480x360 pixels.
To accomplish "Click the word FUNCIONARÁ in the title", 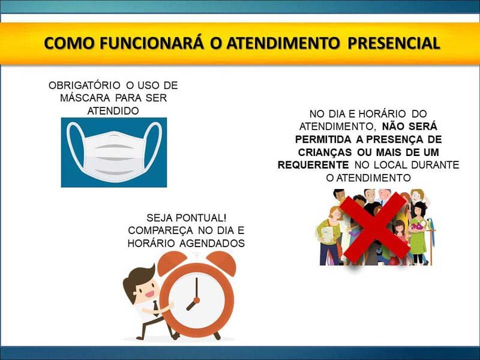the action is click(151, 43).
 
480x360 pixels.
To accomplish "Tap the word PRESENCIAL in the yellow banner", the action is click(394, 43).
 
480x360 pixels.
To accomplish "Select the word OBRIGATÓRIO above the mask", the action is click(84, 85).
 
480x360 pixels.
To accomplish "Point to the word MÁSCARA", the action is click(85, 98).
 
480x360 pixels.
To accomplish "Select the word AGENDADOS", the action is click(212, 243).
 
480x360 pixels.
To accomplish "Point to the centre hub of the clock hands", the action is click(197, 301).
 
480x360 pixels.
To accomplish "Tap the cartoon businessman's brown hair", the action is click(137, 280).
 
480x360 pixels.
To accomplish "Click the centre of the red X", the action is click(375, 227).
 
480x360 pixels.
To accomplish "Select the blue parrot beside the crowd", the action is click(431, 227).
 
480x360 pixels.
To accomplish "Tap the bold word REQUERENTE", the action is click(313, 165).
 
